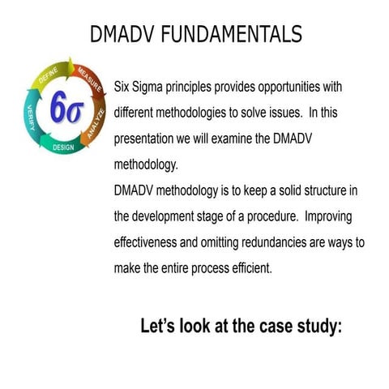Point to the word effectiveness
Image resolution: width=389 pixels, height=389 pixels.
coord(148,243)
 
